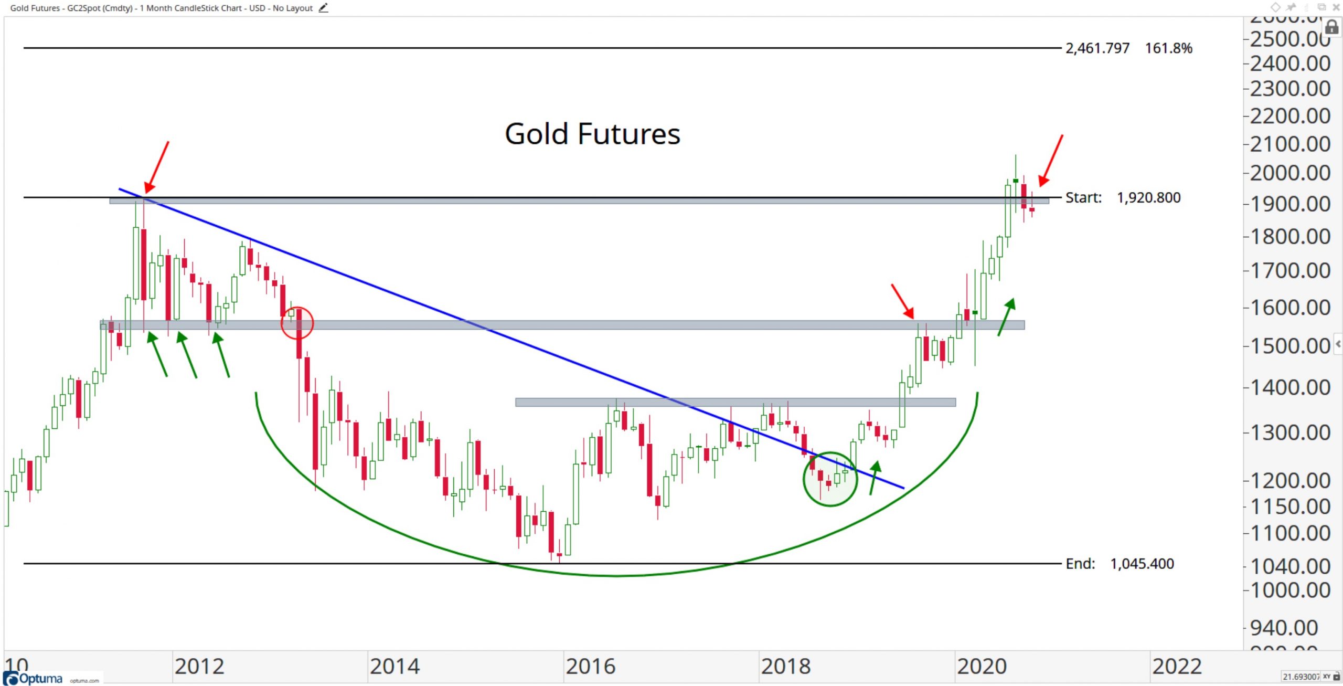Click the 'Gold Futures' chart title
tap(592, 134)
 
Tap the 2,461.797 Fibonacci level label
tap(1097, 48)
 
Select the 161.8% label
tap(1168, 48)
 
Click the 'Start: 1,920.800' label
tap(1123, 198)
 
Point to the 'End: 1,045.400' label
tap(1120, 564)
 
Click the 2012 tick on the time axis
tap(199, 667)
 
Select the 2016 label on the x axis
tap(590, 667)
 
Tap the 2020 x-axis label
tap(982, 667)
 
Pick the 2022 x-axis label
tap(1177, 667)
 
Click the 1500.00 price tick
tap(1290, 346)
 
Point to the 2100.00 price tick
tap(1290, 144)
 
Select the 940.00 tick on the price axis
tap(1284, 628)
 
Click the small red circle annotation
tap(297, 323)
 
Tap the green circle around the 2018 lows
tap(830, 479)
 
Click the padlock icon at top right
tap(1331, 27)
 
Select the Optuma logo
tap(34, 678)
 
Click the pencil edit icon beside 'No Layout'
tap(323, 8)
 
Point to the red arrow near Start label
tap(1051, 160)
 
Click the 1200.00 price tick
tap(1290, 481)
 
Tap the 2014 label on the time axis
tap(395, 667)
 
